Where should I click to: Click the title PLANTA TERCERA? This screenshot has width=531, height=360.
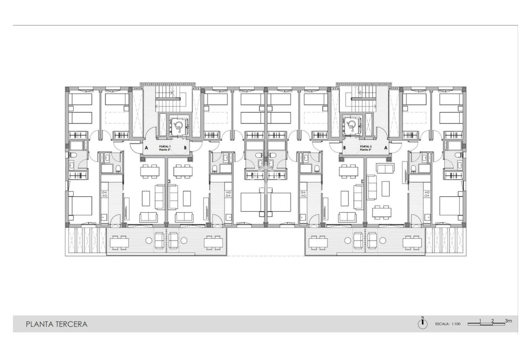click(56, 324)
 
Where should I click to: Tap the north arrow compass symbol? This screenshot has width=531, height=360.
click(422, 325)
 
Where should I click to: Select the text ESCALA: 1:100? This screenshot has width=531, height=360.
click(447, 324)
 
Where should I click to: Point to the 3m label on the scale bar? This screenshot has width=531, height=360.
click(508, 321)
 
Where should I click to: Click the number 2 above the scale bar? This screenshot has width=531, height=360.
click(492, 321)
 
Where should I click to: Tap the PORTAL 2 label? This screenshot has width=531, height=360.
click(366, 146)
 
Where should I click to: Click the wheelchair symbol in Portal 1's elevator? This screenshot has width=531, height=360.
click(178, 125)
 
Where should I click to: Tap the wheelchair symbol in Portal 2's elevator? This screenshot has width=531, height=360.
click(352, 125)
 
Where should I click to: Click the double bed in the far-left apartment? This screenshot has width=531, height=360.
click(80, 206)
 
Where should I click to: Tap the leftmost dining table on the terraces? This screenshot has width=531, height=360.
click(119, 241)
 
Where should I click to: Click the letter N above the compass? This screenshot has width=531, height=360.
click(422, 317)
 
